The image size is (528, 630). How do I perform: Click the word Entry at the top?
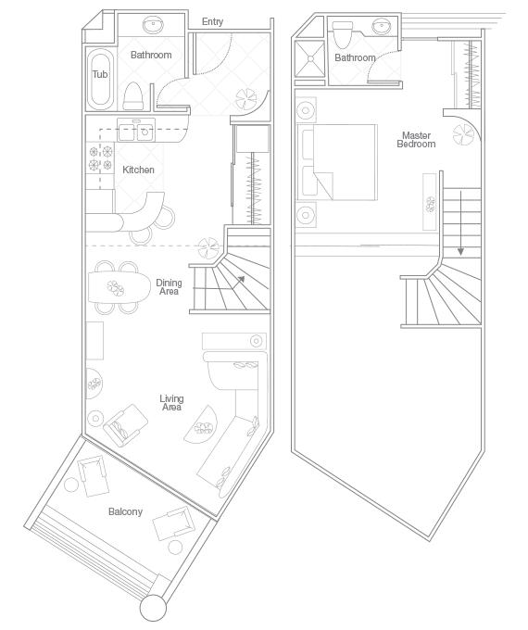point(212,21)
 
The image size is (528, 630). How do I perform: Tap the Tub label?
point(99,74)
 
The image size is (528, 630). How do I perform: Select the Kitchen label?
point(138,170)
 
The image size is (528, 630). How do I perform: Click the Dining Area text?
point(169,287)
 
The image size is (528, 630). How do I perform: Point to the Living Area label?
point(171,403)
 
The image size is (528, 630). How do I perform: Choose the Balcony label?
point(125,511)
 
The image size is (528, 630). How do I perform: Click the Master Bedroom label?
point(416,140)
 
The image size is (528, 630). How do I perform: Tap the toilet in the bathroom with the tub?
point(132,94)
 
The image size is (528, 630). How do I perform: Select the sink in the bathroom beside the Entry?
point(151,25)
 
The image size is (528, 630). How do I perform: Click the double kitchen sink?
point(142,131)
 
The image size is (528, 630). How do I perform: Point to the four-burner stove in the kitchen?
point(100,157)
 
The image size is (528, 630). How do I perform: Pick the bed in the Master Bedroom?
point(338,162)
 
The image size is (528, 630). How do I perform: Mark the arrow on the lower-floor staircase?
point(240,278)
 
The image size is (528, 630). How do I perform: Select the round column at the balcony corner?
point(153,608)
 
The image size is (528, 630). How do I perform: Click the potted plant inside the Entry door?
point(248,96)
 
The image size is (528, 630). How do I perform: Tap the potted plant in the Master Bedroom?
point(463,137)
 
